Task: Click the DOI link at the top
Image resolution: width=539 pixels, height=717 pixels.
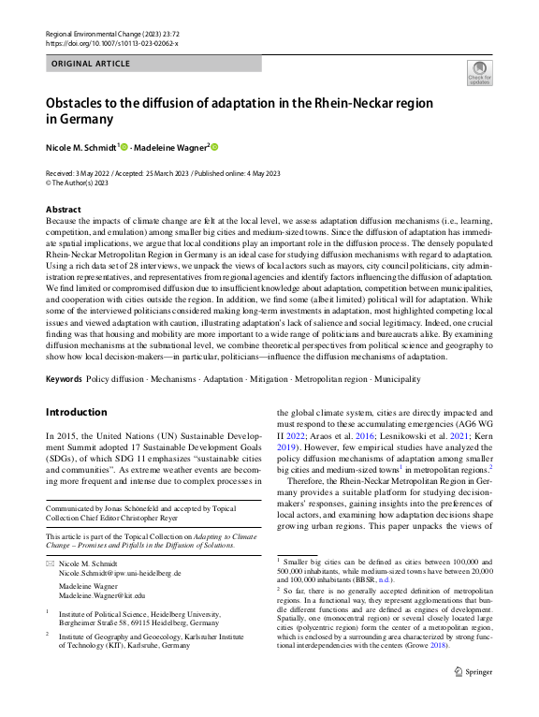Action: pos(112,43)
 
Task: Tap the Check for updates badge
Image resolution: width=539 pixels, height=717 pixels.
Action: pos(479,72)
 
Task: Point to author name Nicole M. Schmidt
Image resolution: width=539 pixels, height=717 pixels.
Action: pos(80,147)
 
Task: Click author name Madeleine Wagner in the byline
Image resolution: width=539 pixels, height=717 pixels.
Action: pos(171,147)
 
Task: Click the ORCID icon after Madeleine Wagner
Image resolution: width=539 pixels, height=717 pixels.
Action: pos(213,147)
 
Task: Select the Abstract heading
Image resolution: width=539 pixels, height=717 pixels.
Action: pos(64,210)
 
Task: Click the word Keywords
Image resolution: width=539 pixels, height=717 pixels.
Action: pos(64,379)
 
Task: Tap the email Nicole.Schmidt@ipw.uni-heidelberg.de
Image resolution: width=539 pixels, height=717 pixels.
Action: pos(120,573)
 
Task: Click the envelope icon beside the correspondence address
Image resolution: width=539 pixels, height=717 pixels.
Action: pos(51,563)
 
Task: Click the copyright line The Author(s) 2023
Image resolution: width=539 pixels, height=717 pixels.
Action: pos(79,183)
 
